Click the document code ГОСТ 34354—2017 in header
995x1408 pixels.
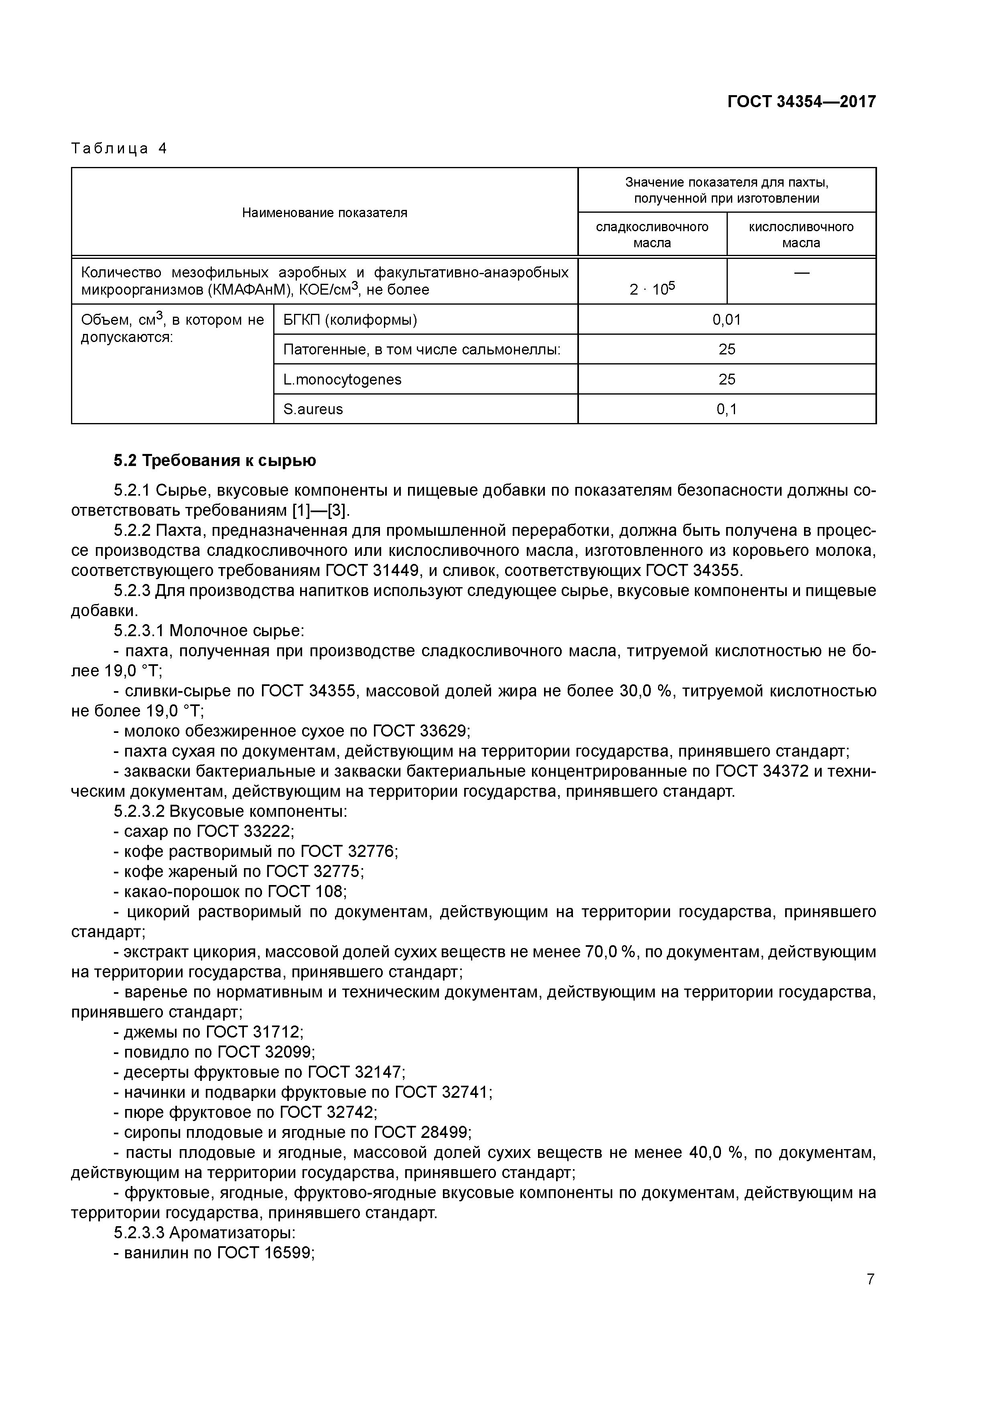coord(801,101)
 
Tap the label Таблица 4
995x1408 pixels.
coord(119,149)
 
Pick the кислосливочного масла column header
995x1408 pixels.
coord(801,234)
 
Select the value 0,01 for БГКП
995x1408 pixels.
coord(727,319)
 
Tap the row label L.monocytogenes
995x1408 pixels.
coord(342,380)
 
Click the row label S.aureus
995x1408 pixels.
coord(313,409)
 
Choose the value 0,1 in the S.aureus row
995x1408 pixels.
coord(727,409)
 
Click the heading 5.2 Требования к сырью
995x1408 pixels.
coord(215,460)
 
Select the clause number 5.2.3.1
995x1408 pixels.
coord(139,631)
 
